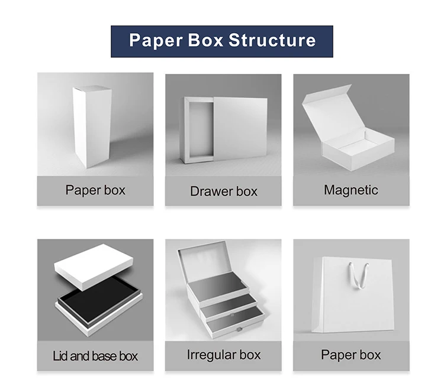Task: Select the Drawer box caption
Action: pos(224,191)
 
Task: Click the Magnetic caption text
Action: pos(351,190)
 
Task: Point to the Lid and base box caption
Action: pos(95,356)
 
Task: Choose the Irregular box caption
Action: pos(224,355)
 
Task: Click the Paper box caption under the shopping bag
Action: pos(351,355)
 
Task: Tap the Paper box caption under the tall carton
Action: pos(95,190)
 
